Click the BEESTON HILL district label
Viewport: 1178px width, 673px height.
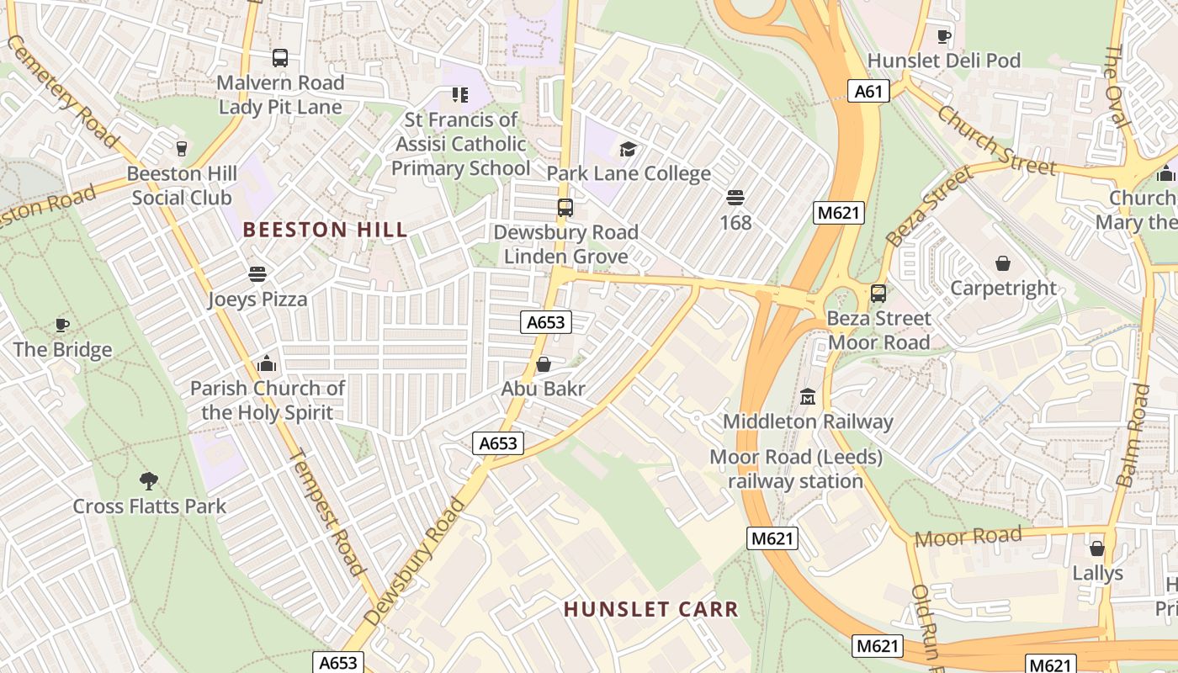(x=325, y=230)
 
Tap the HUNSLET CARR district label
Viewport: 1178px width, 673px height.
(x=650, y=609)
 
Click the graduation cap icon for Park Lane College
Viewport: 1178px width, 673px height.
(x=628, y=150)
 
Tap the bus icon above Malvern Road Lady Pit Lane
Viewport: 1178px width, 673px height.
(x=280, y=58)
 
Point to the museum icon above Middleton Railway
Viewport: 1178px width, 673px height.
(x=808, y=396)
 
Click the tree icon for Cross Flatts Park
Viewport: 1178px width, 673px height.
(x=149, y=481)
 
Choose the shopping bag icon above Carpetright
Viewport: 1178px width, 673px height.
(x=1002, y=263)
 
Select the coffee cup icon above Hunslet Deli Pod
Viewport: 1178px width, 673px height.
(x=944, y=36)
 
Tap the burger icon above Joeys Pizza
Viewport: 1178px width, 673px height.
(x=257, y=274)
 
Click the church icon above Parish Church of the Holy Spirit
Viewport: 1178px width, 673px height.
(x=267, y=363)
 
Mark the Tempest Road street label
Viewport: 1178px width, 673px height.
(x=328, y=512)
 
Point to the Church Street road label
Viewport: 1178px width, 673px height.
(x=995, y=140)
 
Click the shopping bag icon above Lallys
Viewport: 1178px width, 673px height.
(x=1097, y=548)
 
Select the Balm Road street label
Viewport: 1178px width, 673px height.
(x=1133, y=435)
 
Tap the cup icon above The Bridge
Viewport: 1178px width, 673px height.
(x=62, y=325)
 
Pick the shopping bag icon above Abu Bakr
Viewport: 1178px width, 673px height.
(x=543, y=364)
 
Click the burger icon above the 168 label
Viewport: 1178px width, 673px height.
(x=735, y=198)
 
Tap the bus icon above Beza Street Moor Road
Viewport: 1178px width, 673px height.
(x=878, y=294)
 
